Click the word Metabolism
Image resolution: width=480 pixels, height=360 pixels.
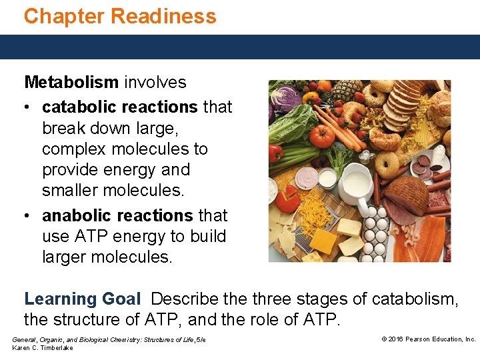(x=71, y=83)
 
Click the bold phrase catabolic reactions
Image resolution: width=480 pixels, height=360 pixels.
(x=119, y=107)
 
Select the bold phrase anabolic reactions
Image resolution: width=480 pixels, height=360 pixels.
(x=117, y=216)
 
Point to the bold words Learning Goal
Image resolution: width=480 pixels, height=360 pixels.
(x=82, y=299)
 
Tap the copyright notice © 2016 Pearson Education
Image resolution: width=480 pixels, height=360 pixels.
(x=428, y=339)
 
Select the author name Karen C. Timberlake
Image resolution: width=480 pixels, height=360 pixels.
(x=43, y=348)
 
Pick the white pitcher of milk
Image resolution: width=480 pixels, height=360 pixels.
(x=356, y=183)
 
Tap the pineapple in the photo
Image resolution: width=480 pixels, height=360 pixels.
(x=347, y=91)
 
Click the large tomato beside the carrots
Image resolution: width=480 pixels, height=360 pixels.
(x=322, y=135)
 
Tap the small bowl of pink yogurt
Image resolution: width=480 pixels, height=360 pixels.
(x=306, y=178)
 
